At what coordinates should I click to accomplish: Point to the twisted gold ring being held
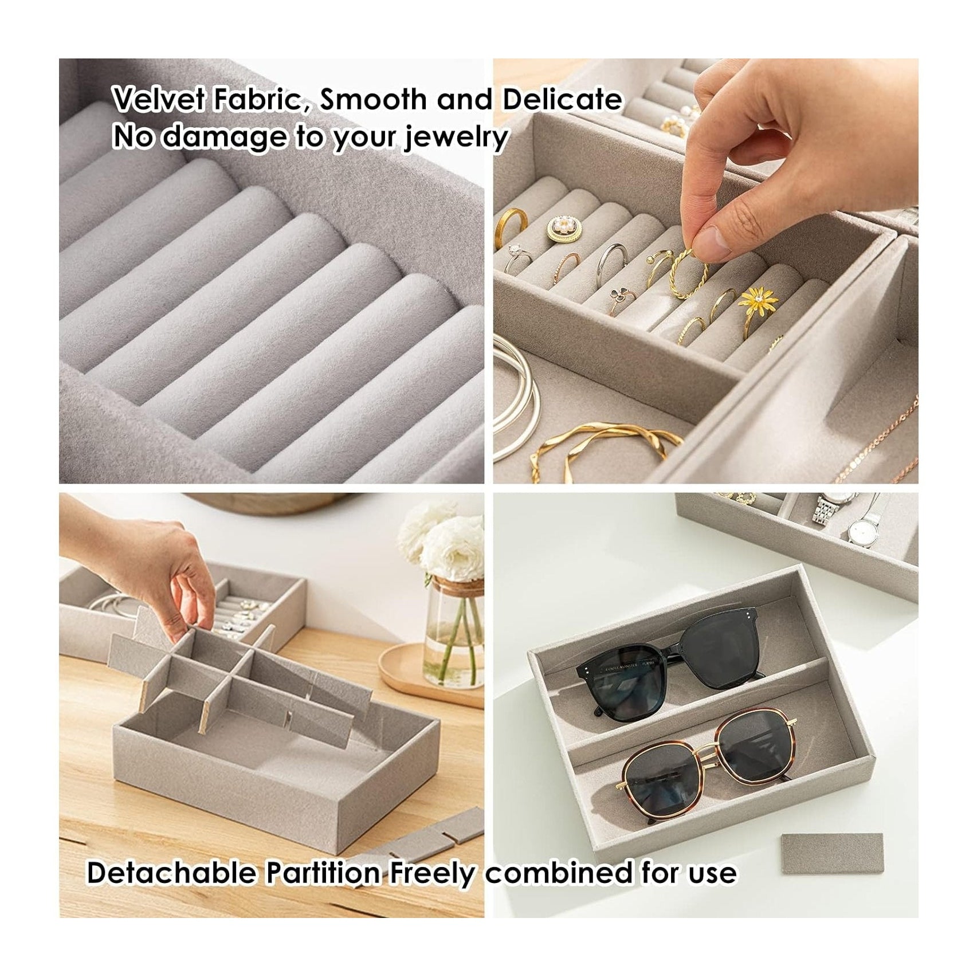(688, 272)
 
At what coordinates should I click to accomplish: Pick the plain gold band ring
(512, 221)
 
